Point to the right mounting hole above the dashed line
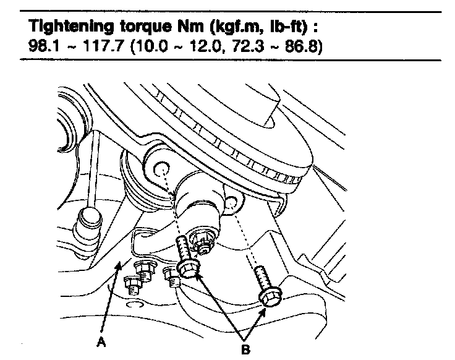coord(231,202)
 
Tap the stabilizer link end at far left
coord(87,220)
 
